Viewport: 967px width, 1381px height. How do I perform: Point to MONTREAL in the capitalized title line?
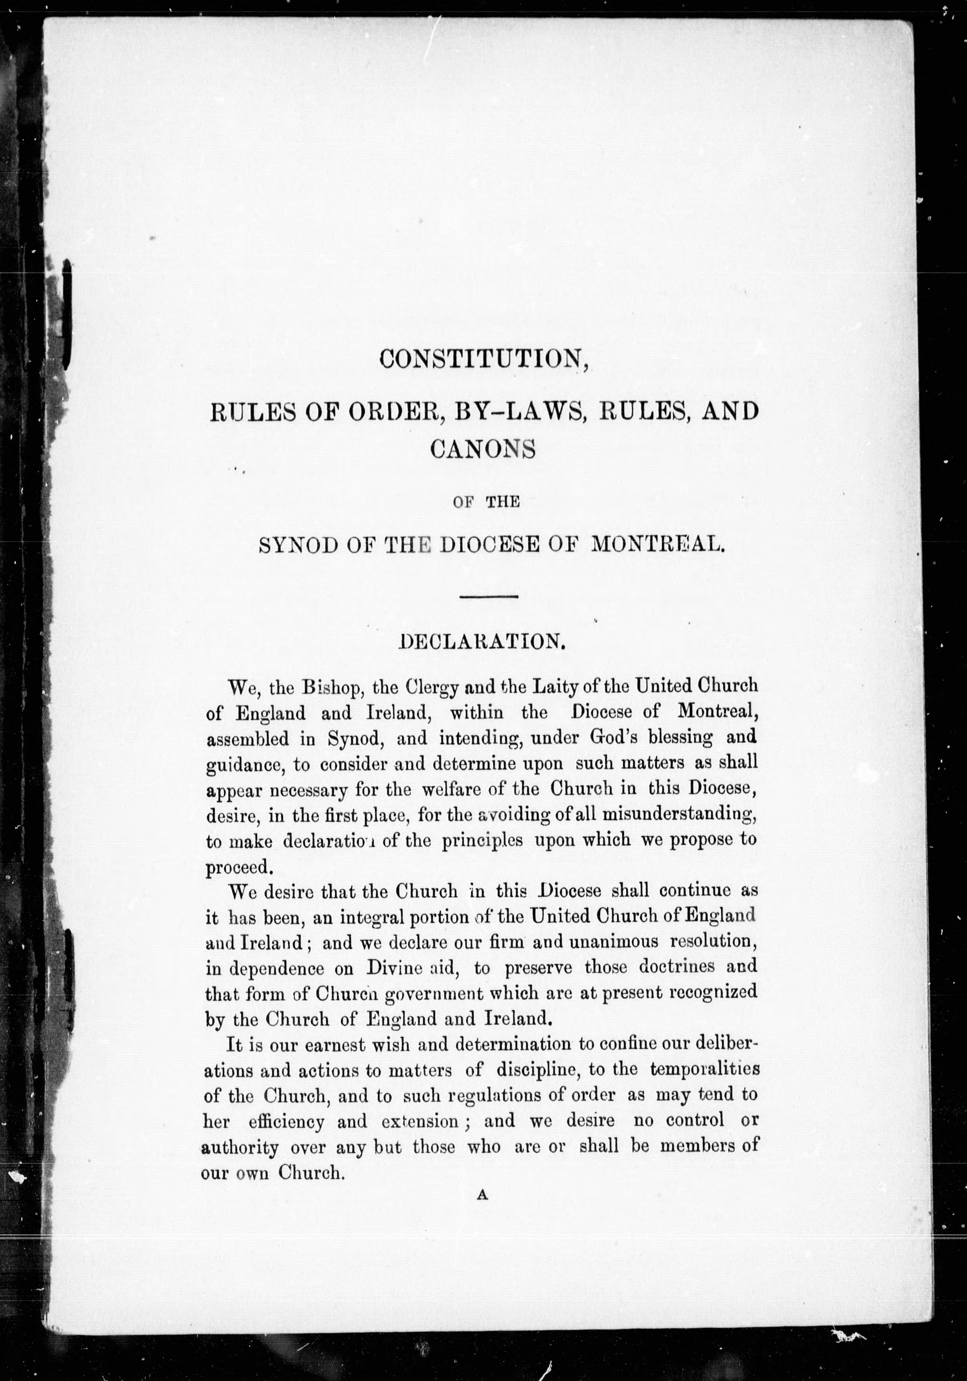657,544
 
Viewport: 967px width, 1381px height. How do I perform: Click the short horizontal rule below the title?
489,597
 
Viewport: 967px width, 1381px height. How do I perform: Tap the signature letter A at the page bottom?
482,1209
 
